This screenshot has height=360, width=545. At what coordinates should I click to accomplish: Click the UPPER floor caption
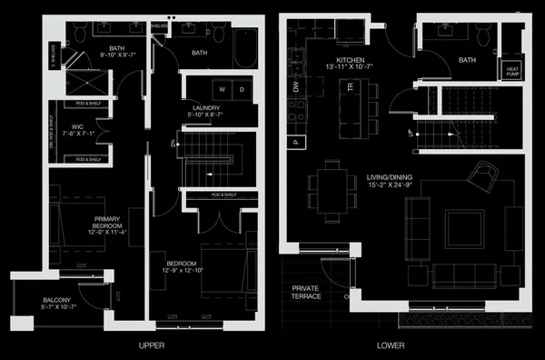(152, 346)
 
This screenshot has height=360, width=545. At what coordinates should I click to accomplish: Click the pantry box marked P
(295, 142)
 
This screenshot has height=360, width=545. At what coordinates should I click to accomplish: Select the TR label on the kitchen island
(350, 86)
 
